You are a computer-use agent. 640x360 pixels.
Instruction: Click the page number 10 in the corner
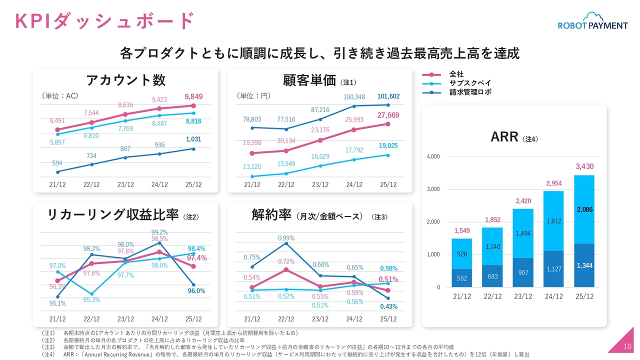pos(627,347)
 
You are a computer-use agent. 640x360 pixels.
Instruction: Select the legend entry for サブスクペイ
pos(469,83)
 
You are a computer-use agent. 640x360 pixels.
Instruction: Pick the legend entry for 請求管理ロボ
pos(469,92)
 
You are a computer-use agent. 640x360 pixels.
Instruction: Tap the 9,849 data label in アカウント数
pos(193,96)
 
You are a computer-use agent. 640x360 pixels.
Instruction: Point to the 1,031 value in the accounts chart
pos(193,139)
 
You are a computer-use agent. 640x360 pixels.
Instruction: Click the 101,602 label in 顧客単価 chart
pos(388,96)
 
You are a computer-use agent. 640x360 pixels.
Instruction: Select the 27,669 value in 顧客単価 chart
pos(388,115)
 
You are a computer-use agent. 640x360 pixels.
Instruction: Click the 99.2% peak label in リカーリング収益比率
pos(159,232)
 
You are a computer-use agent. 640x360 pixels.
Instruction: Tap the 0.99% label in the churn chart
pos(286,238)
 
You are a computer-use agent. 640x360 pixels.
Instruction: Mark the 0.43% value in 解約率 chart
pos(388,306)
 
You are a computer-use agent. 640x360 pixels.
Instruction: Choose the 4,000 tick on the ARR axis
pos(433,157)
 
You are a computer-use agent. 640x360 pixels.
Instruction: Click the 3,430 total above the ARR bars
pos(584,166)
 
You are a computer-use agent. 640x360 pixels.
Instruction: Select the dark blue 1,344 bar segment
pos(584,265)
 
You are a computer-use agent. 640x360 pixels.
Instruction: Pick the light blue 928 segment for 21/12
pos(462,254)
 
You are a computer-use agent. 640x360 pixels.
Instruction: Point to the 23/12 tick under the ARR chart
pos(523,296)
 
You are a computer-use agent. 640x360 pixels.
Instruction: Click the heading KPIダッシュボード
pos(104,21)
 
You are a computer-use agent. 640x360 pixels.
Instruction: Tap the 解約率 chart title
pos(271,215)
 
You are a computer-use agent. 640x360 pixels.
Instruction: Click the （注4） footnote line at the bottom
pos(285,354)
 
